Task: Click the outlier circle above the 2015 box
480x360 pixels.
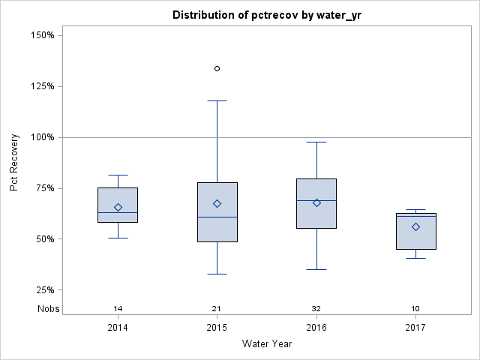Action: [x=217, y=68]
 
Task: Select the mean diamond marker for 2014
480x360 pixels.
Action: [x=118, y=207]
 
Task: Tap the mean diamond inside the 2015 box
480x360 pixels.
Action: [x=217, y=203]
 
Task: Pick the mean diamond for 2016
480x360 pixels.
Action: [x=316, y=202]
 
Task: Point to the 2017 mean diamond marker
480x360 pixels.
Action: [x=415, y=226]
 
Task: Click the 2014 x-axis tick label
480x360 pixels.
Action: [x=118, y=328]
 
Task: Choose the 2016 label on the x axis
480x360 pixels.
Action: [x=316, y=328]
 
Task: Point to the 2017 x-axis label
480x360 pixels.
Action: [x=415, y=328]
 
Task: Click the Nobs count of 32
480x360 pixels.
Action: [x=316, y=309]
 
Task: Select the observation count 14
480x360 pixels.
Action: [x=118, y=309]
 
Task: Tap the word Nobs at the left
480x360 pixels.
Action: [x=49, y=309]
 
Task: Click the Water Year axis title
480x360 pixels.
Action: [x=266, y=344]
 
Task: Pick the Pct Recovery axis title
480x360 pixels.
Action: [x=14, y=163]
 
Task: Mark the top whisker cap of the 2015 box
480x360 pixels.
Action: [x=217, y=100]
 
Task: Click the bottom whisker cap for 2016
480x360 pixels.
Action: [x=316, y=269]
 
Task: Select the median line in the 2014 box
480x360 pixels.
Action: [x=118, y=213]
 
